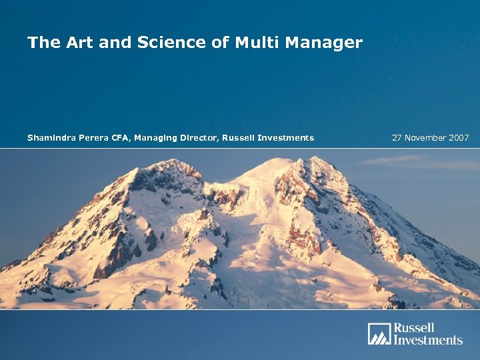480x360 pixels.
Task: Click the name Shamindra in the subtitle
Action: coord(51,138)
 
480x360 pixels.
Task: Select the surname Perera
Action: coord(95,138)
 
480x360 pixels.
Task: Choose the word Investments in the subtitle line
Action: coord(286,138)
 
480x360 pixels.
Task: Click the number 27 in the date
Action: coord(397,138)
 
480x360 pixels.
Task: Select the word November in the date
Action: coord(427,138)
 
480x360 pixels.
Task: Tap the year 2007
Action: coord(460,138)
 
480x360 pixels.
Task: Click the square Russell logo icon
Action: coord(378,333)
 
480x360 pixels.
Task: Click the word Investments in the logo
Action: coord(427,339)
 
